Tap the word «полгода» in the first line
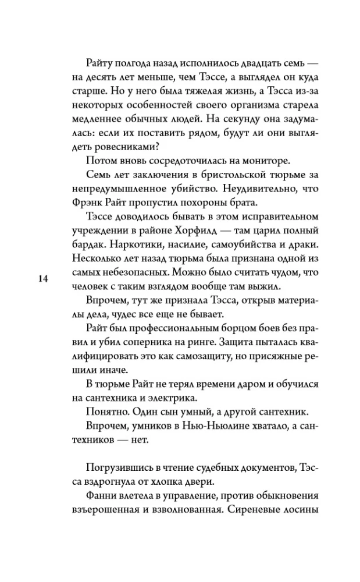point(119,63)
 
